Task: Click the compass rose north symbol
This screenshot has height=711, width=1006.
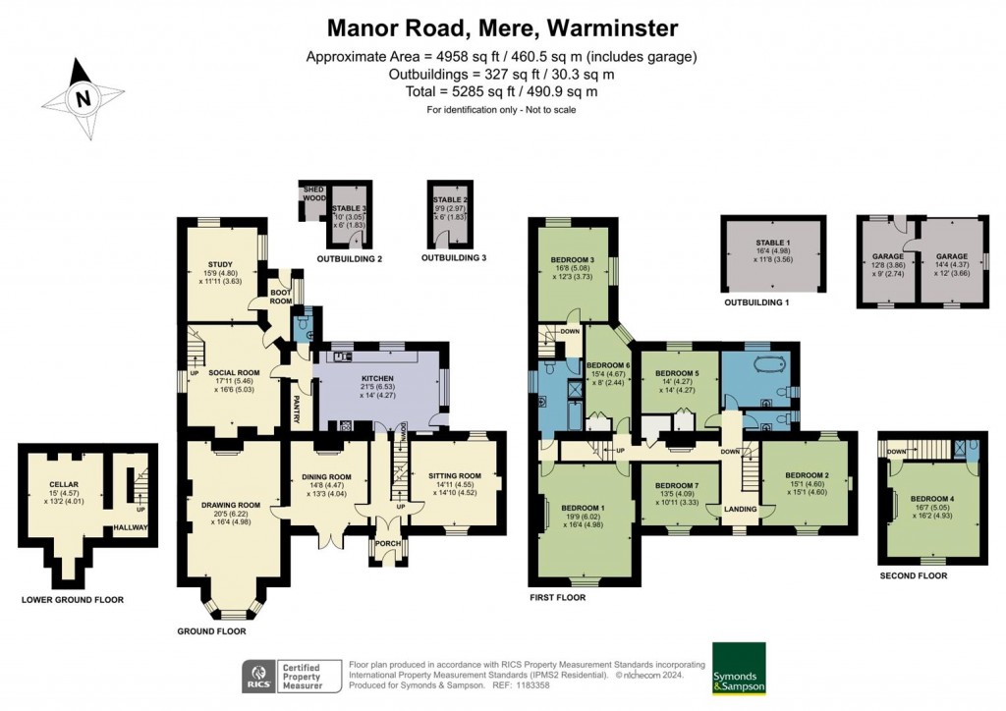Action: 84,97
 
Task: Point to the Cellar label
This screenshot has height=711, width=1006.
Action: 64,484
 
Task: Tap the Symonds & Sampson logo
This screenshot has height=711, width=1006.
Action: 739,669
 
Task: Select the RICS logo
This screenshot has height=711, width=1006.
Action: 262,676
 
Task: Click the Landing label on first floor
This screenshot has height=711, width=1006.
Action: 740,509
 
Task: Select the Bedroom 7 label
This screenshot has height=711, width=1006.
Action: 676,486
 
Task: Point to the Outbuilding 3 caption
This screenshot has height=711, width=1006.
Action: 454,258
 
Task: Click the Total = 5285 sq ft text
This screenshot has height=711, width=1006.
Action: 502,92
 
